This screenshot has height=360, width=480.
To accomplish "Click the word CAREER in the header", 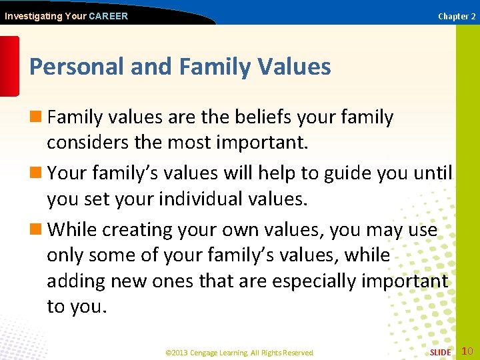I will (108, 16).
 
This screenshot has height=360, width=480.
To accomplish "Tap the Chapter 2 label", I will (457, 16).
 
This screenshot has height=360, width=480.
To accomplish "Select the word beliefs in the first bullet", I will (263, 117).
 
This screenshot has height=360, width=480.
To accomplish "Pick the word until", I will (433, 173).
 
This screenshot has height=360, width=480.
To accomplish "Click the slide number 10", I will (467, 351).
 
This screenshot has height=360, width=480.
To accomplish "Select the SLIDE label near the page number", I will (440, 352).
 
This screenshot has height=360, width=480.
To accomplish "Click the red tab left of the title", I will (9, 67).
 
